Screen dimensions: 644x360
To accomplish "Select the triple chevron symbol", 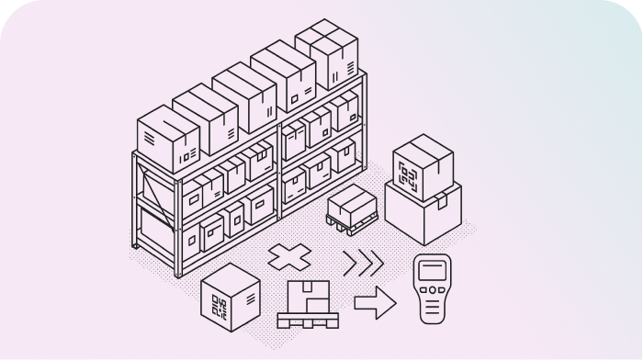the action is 362,264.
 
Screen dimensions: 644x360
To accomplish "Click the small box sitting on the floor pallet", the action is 349,200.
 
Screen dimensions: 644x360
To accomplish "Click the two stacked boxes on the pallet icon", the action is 309,296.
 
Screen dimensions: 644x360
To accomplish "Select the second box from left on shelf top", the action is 204,118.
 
